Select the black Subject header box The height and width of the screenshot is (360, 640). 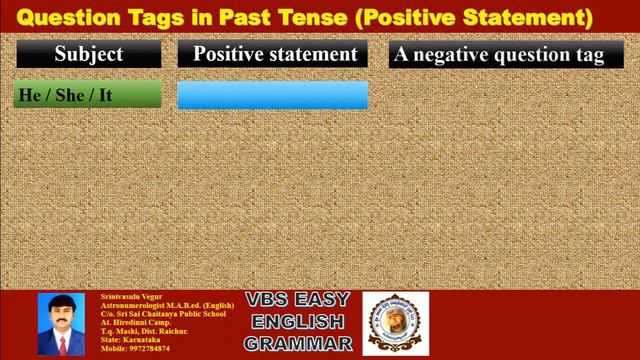89,54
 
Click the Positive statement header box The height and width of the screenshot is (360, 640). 274,54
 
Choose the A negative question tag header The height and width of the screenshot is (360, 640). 498,54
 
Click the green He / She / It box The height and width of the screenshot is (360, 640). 88,95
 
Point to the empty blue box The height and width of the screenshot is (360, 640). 272,95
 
